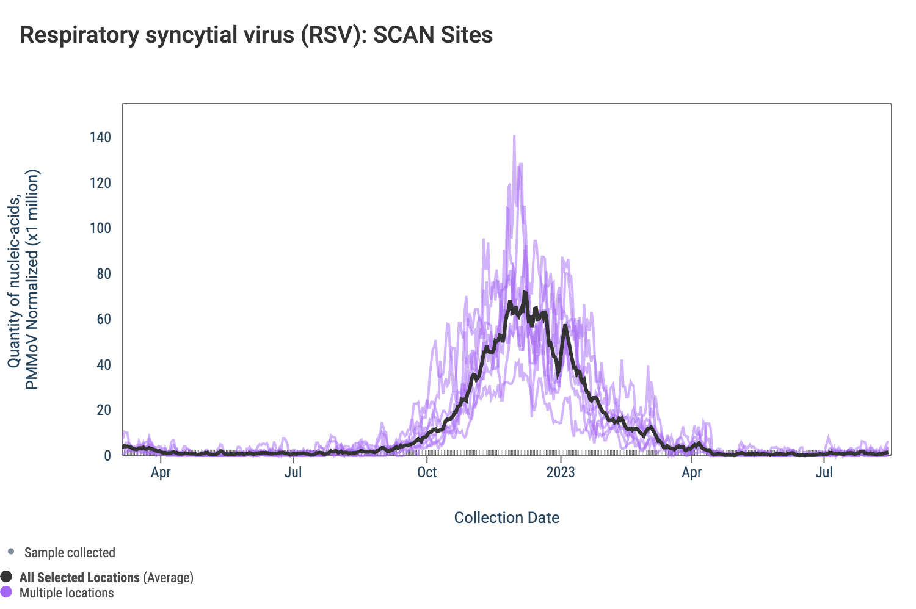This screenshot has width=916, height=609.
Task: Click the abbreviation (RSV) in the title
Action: tap(332, 35)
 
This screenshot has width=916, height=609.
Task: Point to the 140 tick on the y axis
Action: tap(100, 137)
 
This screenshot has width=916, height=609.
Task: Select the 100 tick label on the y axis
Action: tap(100, 228)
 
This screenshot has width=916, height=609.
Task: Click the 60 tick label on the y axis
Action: tap(104, 319)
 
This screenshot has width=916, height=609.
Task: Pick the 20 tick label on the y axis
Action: tap(104, 410)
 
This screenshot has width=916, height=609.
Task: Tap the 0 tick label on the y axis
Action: tap(107, 456)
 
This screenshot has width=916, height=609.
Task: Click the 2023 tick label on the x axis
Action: tap(561, 472)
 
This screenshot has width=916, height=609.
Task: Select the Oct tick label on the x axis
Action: tap(427, 472)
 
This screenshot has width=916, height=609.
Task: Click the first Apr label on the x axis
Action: tap(161, 472)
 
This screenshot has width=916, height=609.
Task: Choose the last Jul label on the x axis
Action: tap(824, 472)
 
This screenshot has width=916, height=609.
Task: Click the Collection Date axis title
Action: tap(507, 518)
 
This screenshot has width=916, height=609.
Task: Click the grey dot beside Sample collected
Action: tap(10, 552)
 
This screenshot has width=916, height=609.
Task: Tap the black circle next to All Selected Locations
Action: tap(7, 577)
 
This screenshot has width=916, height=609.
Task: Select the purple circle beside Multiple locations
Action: tap(7, 592)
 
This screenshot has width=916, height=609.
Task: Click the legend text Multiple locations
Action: tap(67, 593)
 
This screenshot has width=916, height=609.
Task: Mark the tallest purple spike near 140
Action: tap(514, 137)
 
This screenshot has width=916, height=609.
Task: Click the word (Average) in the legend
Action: tap(168, 577)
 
